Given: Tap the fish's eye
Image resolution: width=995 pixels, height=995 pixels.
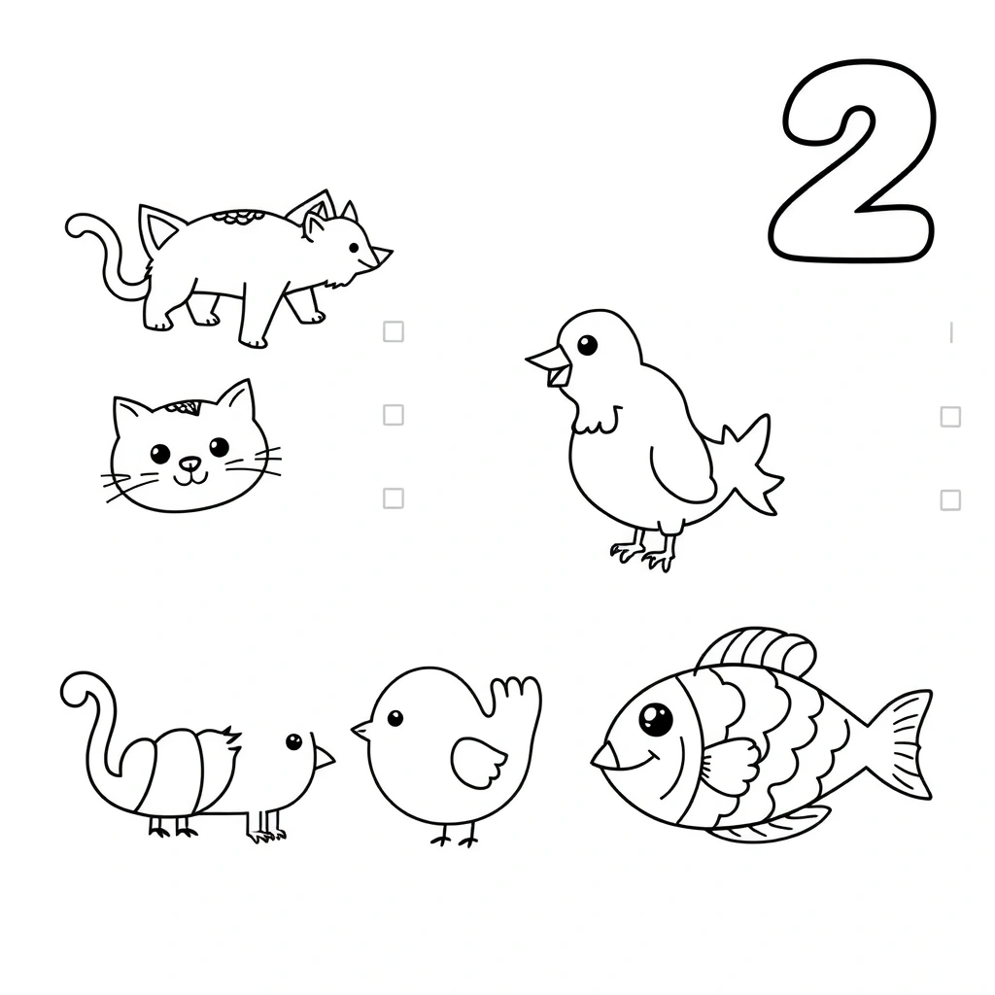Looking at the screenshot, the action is pos(656,719).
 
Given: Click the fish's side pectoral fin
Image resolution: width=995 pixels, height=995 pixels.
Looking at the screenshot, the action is pos(730,768).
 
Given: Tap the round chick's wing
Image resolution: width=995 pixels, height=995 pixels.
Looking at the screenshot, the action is pos(478,762).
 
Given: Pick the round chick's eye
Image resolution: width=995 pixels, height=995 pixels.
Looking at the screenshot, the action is pos(395,718).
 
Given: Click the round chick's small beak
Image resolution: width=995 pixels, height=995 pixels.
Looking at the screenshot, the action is pos(361,730).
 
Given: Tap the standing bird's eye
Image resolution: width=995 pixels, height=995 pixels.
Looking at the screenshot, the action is pos(587,346).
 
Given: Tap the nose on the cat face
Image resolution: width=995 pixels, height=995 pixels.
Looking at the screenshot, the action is pos(189,463).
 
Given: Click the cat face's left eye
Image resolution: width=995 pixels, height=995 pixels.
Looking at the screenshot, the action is pos(160,453).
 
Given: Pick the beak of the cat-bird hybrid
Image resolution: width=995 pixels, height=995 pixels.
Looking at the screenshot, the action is pos(324,756).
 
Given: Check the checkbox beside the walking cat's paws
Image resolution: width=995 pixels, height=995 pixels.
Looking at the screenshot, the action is pos(394,331).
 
